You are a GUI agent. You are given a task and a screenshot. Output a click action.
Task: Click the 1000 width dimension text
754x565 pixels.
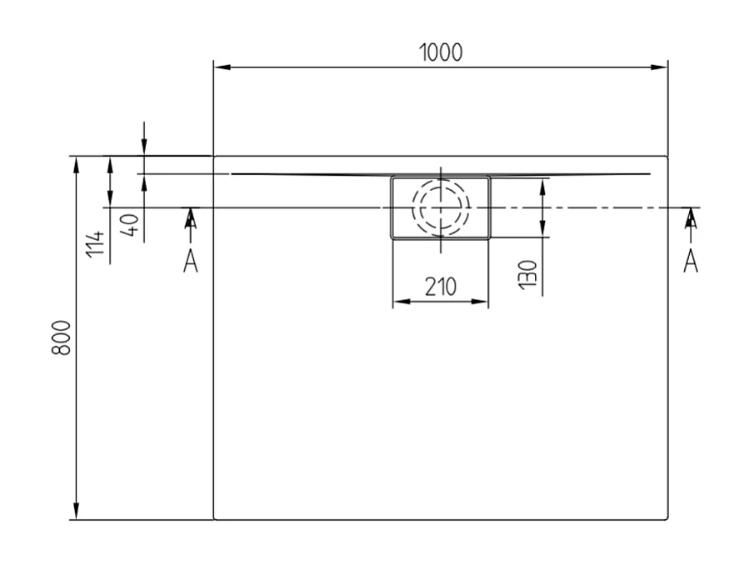point(441,52)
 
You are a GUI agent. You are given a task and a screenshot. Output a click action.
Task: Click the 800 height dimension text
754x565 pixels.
point(61,337)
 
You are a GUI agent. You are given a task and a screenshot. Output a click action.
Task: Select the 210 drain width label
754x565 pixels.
point(440,287)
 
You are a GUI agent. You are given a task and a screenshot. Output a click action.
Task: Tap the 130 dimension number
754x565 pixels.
point(527,272)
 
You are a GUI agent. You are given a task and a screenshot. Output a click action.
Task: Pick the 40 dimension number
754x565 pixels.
point(129,225)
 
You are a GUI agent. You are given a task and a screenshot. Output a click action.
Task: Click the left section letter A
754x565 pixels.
point(191,262)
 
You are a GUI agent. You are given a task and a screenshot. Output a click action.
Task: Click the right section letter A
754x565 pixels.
point(691,262)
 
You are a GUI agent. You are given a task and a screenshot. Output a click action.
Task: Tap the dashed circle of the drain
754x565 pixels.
point(441,206)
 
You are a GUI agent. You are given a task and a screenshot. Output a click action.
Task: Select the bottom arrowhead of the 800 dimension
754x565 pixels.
point(77,512)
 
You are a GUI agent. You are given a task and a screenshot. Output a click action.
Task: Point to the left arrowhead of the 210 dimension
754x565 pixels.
point(398,302)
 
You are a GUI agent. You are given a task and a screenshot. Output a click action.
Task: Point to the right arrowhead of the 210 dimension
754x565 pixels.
point(482,302)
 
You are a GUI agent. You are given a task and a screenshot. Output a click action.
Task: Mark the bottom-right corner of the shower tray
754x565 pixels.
point(667,518)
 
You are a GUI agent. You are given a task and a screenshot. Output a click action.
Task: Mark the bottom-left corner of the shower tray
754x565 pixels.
point(215,518)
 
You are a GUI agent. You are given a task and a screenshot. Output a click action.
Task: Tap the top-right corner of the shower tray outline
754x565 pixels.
point(667,157)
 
